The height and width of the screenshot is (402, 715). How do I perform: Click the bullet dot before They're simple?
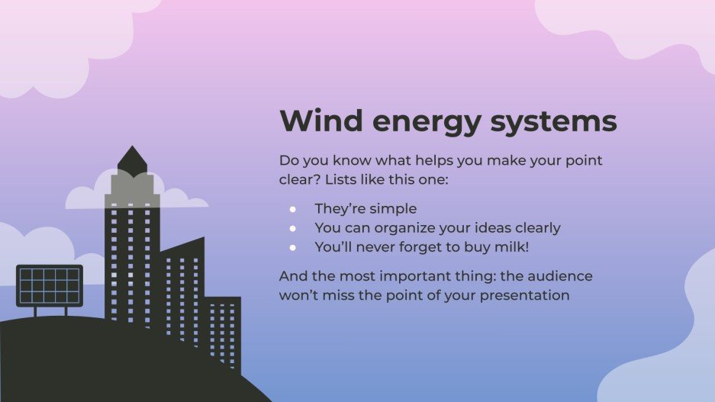tap(292, 208)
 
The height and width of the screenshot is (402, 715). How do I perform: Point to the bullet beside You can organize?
tap(292, 228)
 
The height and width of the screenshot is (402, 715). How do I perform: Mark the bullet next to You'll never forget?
tap(292, 247)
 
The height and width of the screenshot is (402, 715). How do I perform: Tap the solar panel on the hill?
tap(49, 285)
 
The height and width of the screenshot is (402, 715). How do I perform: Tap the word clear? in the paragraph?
tap(298, 181)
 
